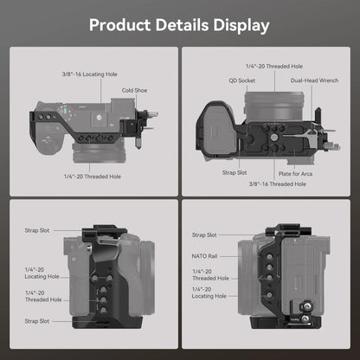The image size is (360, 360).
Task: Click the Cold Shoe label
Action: (x=134, y=89)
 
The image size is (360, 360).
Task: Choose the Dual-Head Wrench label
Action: (x=316, y=81)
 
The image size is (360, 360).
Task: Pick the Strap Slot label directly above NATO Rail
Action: (x=204, y=235)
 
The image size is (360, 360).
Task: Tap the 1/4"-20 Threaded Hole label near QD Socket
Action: (x=273, y=66)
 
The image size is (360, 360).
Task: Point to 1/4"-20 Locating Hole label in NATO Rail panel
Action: (x=211, y=299)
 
